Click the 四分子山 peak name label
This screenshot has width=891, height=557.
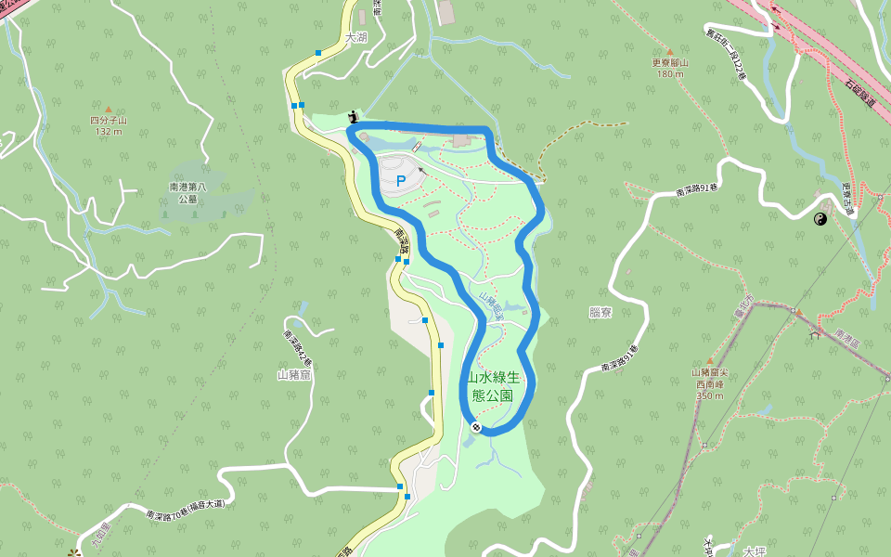point(109,121)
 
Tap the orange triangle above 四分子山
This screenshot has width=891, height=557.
point(109,110)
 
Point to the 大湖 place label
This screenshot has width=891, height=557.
point(355,38)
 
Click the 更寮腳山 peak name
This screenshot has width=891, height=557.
point(670,63)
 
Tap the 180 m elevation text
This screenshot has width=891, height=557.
point(670,74)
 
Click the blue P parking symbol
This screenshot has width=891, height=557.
point(401,181)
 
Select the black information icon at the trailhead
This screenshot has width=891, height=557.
point(353,116)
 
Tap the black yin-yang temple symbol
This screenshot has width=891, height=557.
point(820,219)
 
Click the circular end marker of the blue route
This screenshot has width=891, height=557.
point(476,427)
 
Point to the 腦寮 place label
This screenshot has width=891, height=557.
point(600,313)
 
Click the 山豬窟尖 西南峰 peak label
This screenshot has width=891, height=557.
point(710,378)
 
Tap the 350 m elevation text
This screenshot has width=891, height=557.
point(710,395)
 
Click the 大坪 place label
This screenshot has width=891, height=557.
point(755,551)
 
